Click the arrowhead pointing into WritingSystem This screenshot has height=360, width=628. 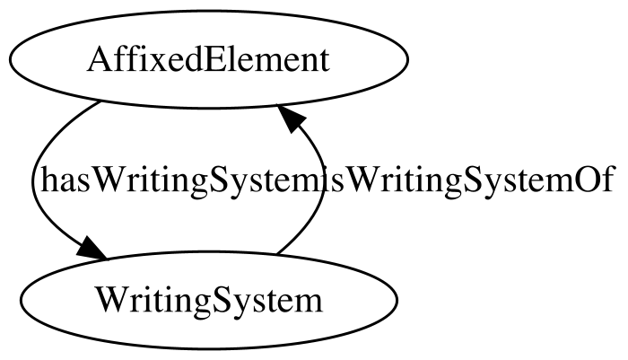pos(92,249)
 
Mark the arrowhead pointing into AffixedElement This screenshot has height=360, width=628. pos(292,116)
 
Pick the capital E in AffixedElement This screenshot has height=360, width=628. pos(216,60)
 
